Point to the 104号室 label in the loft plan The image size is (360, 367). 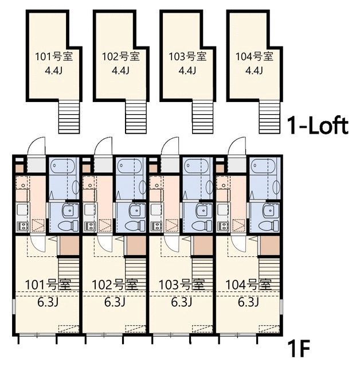click(x=254, y=56)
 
